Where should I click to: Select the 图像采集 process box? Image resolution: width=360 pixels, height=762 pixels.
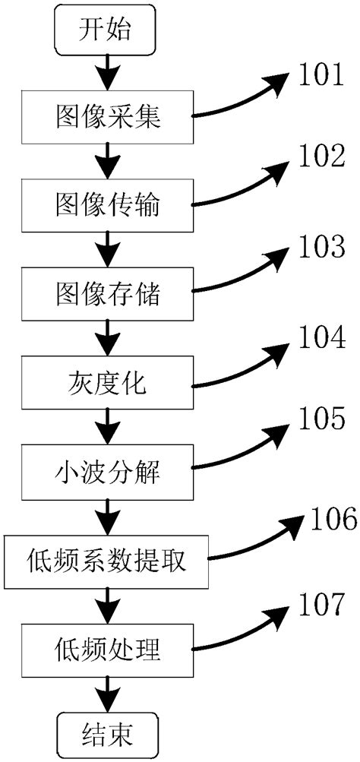tap(106, 117)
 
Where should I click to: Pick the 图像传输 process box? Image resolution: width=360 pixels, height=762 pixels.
tap(106, 203)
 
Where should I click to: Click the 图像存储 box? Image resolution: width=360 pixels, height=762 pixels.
tap(106, 292)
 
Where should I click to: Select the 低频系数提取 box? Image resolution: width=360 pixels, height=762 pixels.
tap(106, 560)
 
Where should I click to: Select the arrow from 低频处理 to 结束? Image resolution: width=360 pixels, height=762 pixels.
tap(106, 693)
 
